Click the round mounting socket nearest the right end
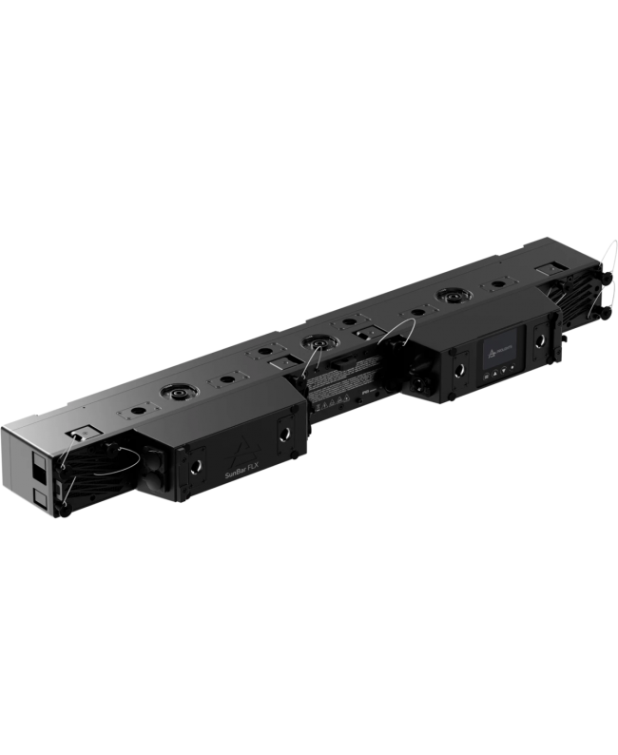tap(445, 297)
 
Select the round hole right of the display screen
tap(540, 339)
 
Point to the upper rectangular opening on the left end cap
tap(39, 466)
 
